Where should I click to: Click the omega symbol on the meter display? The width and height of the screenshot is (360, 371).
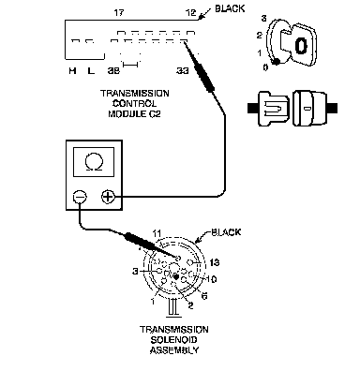(94, 162)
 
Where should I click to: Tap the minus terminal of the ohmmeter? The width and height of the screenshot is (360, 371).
(80, 197)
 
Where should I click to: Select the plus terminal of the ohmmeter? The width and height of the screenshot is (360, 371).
(108, 197)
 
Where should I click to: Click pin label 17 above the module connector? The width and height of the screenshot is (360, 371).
(119, 13)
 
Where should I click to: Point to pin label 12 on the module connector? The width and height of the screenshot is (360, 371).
(191, 13)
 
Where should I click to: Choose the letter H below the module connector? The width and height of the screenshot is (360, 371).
(72, 71)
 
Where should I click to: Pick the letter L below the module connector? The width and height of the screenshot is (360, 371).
(91, 71)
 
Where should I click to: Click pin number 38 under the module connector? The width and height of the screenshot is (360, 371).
(113, 71)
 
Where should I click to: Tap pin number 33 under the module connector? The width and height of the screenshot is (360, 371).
(183, 71)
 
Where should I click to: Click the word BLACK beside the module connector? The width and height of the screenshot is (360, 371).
(230, 8)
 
